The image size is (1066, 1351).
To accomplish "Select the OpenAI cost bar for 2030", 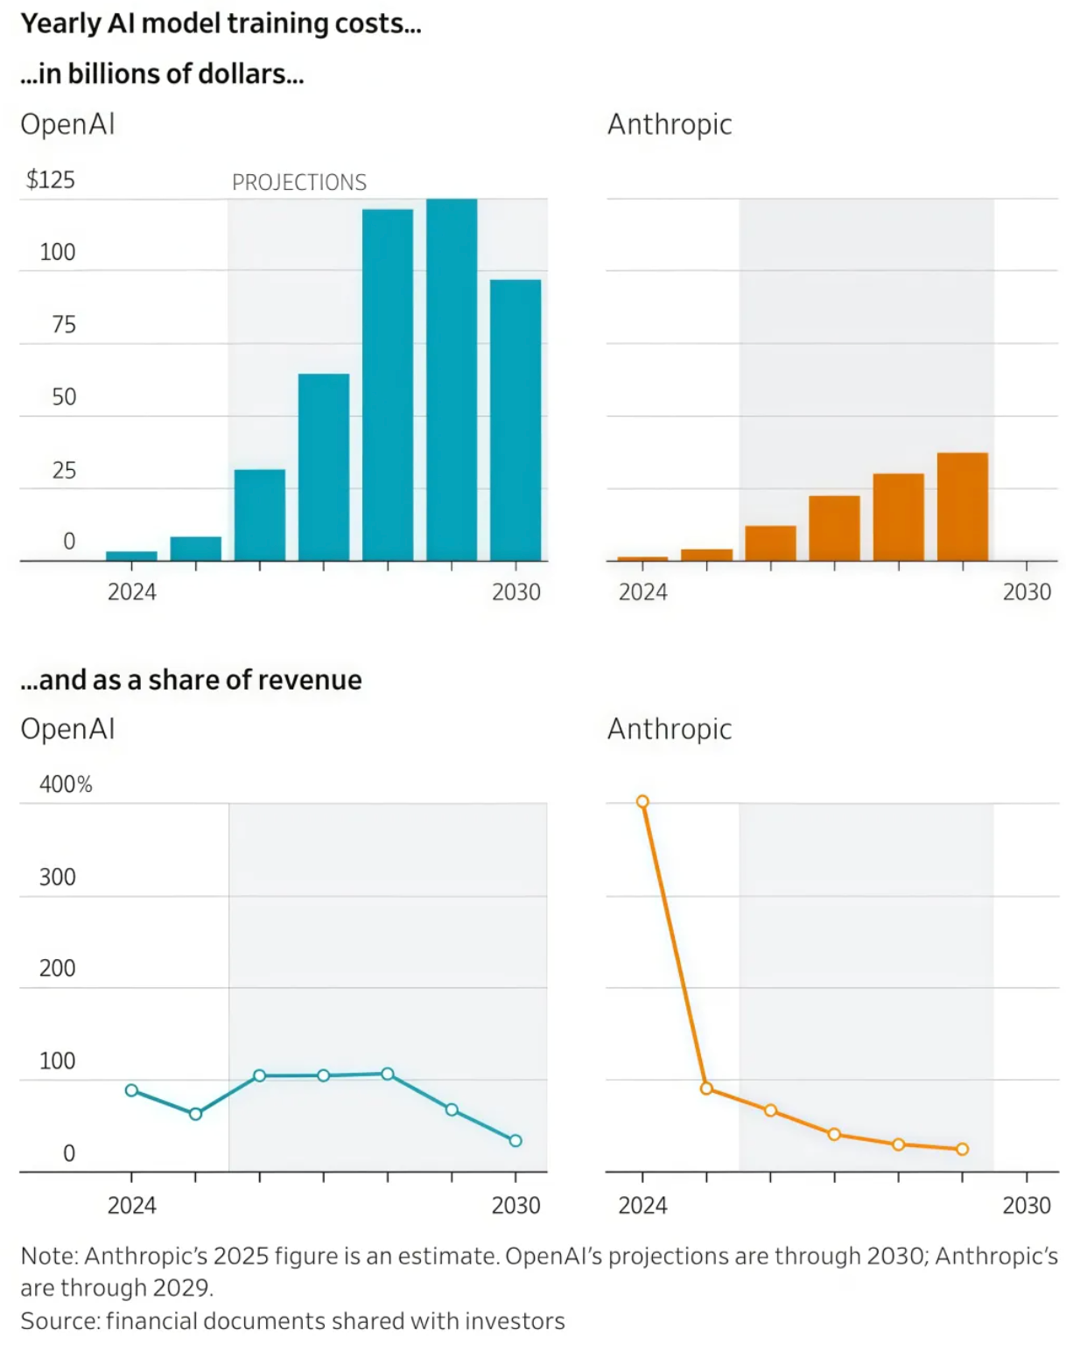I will point(515,420).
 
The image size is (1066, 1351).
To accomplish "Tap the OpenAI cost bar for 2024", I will point(131,555).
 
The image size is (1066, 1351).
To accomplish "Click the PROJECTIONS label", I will point(298,182).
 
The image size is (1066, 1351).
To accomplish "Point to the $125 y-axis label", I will point(51,179).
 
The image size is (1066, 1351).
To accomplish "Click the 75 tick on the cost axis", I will point(64,325).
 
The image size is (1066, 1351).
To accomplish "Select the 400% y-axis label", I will point(66,784).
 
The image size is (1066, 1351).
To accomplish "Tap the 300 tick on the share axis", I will point(58,877).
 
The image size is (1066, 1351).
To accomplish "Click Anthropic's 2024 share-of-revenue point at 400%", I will point(642,801).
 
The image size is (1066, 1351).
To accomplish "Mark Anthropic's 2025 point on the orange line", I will point(706,1088).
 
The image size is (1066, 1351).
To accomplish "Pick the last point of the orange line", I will point(962,1149).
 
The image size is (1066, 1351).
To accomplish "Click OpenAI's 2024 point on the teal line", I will point(131,1090).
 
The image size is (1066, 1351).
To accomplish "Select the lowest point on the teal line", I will point(515,1140).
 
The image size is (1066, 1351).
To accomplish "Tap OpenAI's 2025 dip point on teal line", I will point(195,1114).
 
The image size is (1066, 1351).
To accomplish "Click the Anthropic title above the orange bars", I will point(670,124).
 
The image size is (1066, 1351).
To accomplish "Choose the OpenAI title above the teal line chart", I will point(67,729).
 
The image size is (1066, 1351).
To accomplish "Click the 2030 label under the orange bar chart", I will point(1027,592).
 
